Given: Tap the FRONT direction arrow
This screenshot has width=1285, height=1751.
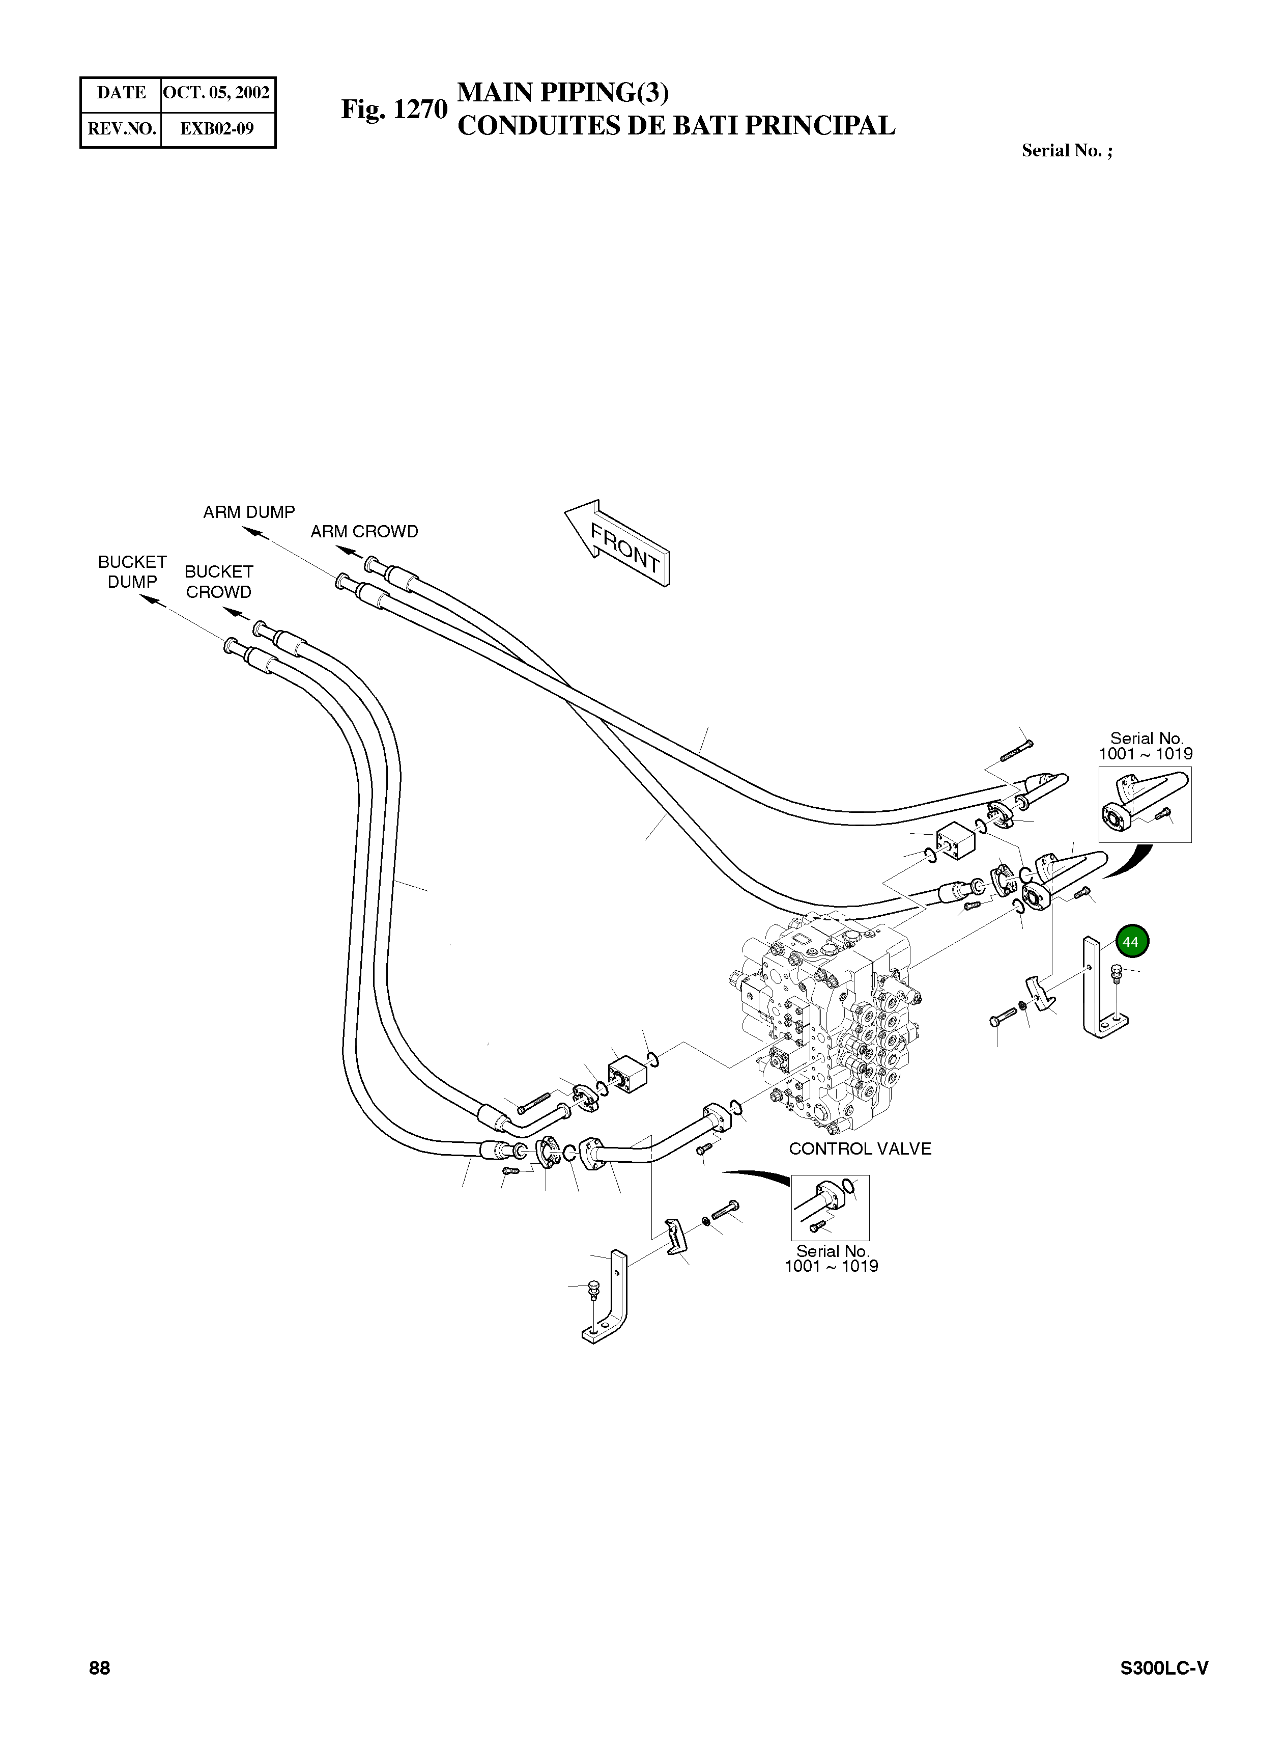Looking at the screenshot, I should pyautogui.click(x=618, y=542).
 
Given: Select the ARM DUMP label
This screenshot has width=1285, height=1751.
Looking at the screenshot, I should pyautogui.click(x=249, y=512).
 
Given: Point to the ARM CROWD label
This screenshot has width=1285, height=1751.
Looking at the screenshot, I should pyautogui.click(x=364, y=532).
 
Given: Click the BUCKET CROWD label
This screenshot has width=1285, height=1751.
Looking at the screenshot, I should pyautogui.click(x=218, y=581).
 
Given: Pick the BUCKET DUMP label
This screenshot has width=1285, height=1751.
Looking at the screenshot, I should pyautogui.click(x=132, y=571).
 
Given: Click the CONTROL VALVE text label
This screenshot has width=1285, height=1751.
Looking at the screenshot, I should pyautogui.click(x=860, y=1148).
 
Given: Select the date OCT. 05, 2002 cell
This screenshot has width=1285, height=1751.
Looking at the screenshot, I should pyautogui.click(x=216, y=93).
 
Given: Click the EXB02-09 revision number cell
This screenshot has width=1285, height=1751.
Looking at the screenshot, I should pyautogui.click(x=216, y=128).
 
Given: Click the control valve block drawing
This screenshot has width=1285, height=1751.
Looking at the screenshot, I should pyautogui.click(x=824, y=1020).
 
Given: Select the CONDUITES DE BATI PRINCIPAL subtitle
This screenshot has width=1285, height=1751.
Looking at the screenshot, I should pyautogui.click(x=676, y=125).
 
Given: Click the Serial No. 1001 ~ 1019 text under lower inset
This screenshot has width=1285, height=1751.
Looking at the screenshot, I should pyautogui.click(x=831, y=1258).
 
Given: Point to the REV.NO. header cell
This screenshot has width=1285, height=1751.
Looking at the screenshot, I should pyautogui.click(x=121, y=128).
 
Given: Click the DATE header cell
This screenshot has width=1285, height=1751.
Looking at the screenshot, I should pyautogui.click(x=121, y=93).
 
